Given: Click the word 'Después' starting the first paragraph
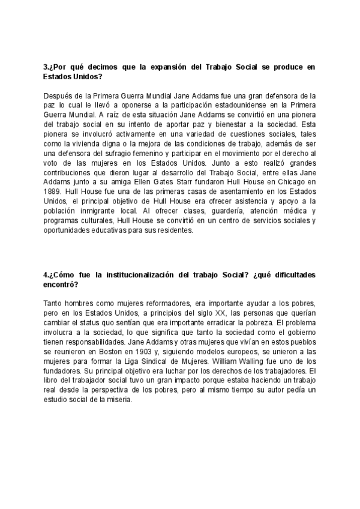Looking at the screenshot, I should [58, 96].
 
